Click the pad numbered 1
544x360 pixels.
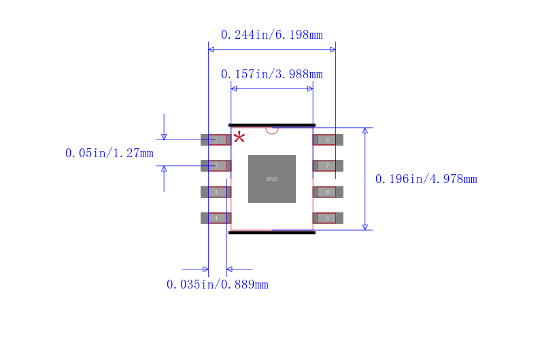pyautogui.click(x=216, y=140)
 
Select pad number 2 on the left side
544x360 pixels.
pyautogui.click(x=216, y=165)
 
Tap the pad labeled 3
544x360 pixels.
pyautogui.click(x=216, y=192)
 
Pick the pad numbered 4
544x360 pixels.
pyautogui.click(x=216, y=218)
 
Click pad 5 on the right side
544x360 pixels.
pyautogui.click(x=328, y=218)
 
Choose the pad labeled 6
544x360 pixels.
pyautogui.click(x=328, y=192)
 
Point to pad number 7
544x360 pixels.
pyautogui.click(x=328, y=165)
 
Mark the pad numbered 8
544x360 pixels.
pyautogui.click(x=328, y=140)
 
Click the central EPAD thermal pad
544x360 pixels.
pyautogui.click(x=272, y=179)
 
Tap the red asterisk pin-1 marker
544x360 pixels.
pyautogui.click(x=239, y=137)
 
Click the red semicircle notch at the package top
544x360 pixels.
pyautogui.click(x=272, y=130)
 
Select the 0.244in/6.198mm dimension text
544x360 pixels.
pyautogui.click(x=272, y=35)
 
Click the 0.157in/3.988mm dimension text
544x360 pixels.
pyautogui.click(x=272, y=74)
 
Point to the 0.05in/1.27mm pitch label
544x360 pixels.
pyautogui.click(x=109, y=153)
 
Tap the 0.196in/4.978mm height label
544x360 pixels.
pyautogui.click(x=426, y=179)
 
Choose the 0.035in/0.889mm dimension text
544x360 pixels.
pyautogui.click(x=218, y=284)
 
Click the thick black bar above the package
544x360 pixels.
pyautogui.click(x=272, y=125)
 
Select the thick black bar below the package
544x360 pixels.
pyautogui.click(x=272, y=233)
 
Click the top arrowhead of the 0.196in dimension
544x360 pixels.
pyautogui.click(x=365, y=130)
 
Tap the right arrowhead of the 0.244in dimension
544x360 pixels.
pyautogui.click(x=333, y=50)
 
